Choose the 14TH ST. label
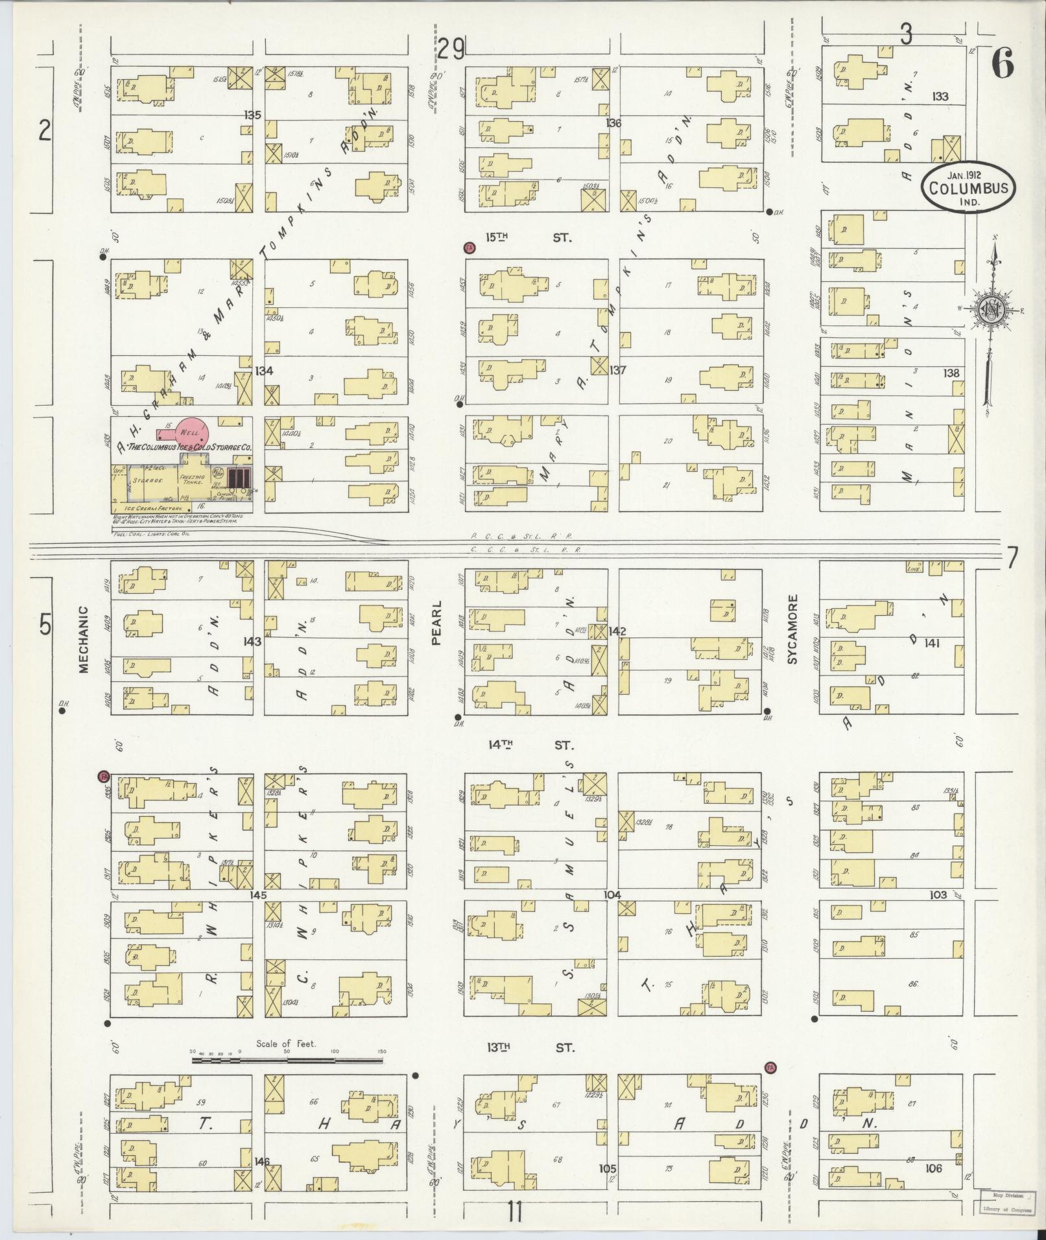coord(530,746)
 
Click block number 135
coord(253,115)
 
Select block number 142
coord(617,631)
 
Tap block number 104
coord(612,895)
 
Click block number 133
coord(940,97)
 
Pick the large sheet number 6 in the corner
coord(1002,63)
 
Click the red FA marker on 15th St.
coord(469,248)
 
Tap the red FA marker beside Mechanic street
coord(102,776)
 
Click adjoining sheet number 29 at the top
coord(451,49)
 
